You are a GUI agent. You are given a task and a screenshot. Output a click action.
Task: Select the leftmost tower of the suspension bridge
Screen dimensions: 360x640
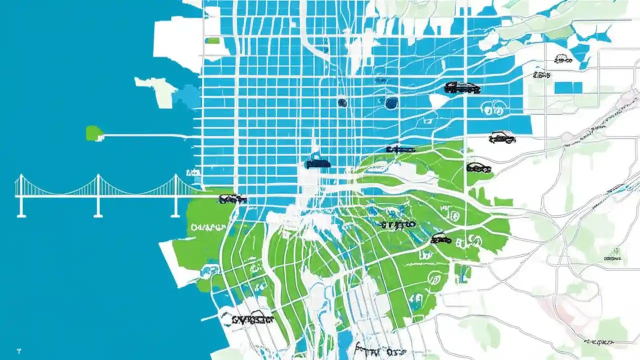click(x=21, y=195)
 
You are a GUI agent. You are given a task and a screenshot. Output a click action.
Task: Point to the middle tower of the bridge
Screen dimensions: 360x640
click(x=98, y=195)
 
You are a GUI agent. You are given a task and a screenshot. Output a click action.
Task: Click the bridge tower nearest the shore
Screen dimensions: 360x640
click(x=175, y=195)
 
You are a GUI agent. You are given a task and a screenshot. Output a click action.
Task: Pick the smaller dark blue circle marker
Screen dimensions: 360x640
click(x=342, y=102)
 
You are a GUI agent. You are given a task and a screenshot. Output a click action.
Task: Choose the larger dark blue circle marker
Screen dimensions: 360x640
click(x=391, y=103)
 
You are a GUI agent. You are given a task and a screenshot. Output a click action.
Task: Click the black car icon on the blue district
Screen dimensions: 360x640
click(x=462, y=88)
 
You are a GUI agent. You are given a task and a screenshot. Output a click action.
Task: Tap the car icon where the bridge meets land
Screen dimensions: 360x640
click(x=232, y=199)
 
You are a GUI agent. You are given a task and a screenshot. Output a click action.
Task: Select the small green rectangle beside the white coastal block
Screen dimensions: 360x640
click(x=212, y=40)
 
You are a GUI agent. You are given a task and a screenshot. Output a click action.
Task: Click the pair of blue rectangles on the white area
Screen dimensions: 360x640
click(x=568, y=87)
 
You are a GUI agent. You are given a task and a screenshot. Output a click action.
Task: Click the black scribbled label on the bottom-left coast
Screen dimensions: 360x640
click(x=247, y=318)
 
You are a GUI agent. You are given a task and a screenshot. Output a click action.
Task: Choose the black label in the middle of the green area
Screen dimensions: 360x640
click(x=398, y=224)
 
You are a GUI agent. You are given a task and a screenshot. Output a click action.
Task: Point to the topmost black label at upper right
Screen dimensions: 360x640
click(x=563, y=60)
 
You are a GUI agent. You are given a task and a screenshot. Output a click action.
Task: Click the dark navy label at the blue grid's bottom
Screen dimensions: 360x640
click(x=317, y=163)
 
